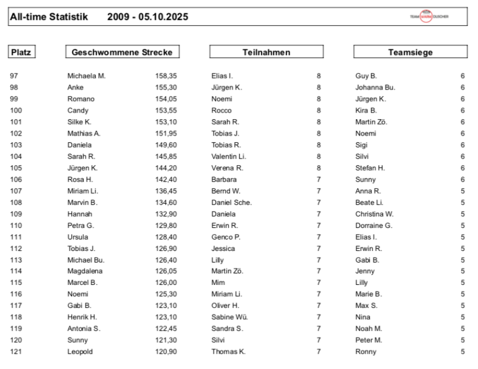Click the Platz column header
22,52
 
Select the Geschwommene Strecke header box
122,52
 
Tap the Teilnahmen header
266,52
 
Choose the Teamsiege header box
410,52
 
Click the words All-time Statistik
49,17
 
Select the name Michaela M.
87,76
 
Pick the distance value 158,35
166,76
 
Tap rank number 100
16,110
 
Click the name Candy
78,110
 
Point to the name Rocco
221,110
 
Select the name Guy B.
366,76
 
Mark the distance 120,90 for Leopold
166,351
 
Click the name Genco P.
226,237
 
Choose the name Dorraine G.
374,225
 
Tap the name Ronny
365,351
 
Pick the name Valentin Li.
229,156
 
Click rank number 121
16,351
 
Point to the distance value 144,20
166,168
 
